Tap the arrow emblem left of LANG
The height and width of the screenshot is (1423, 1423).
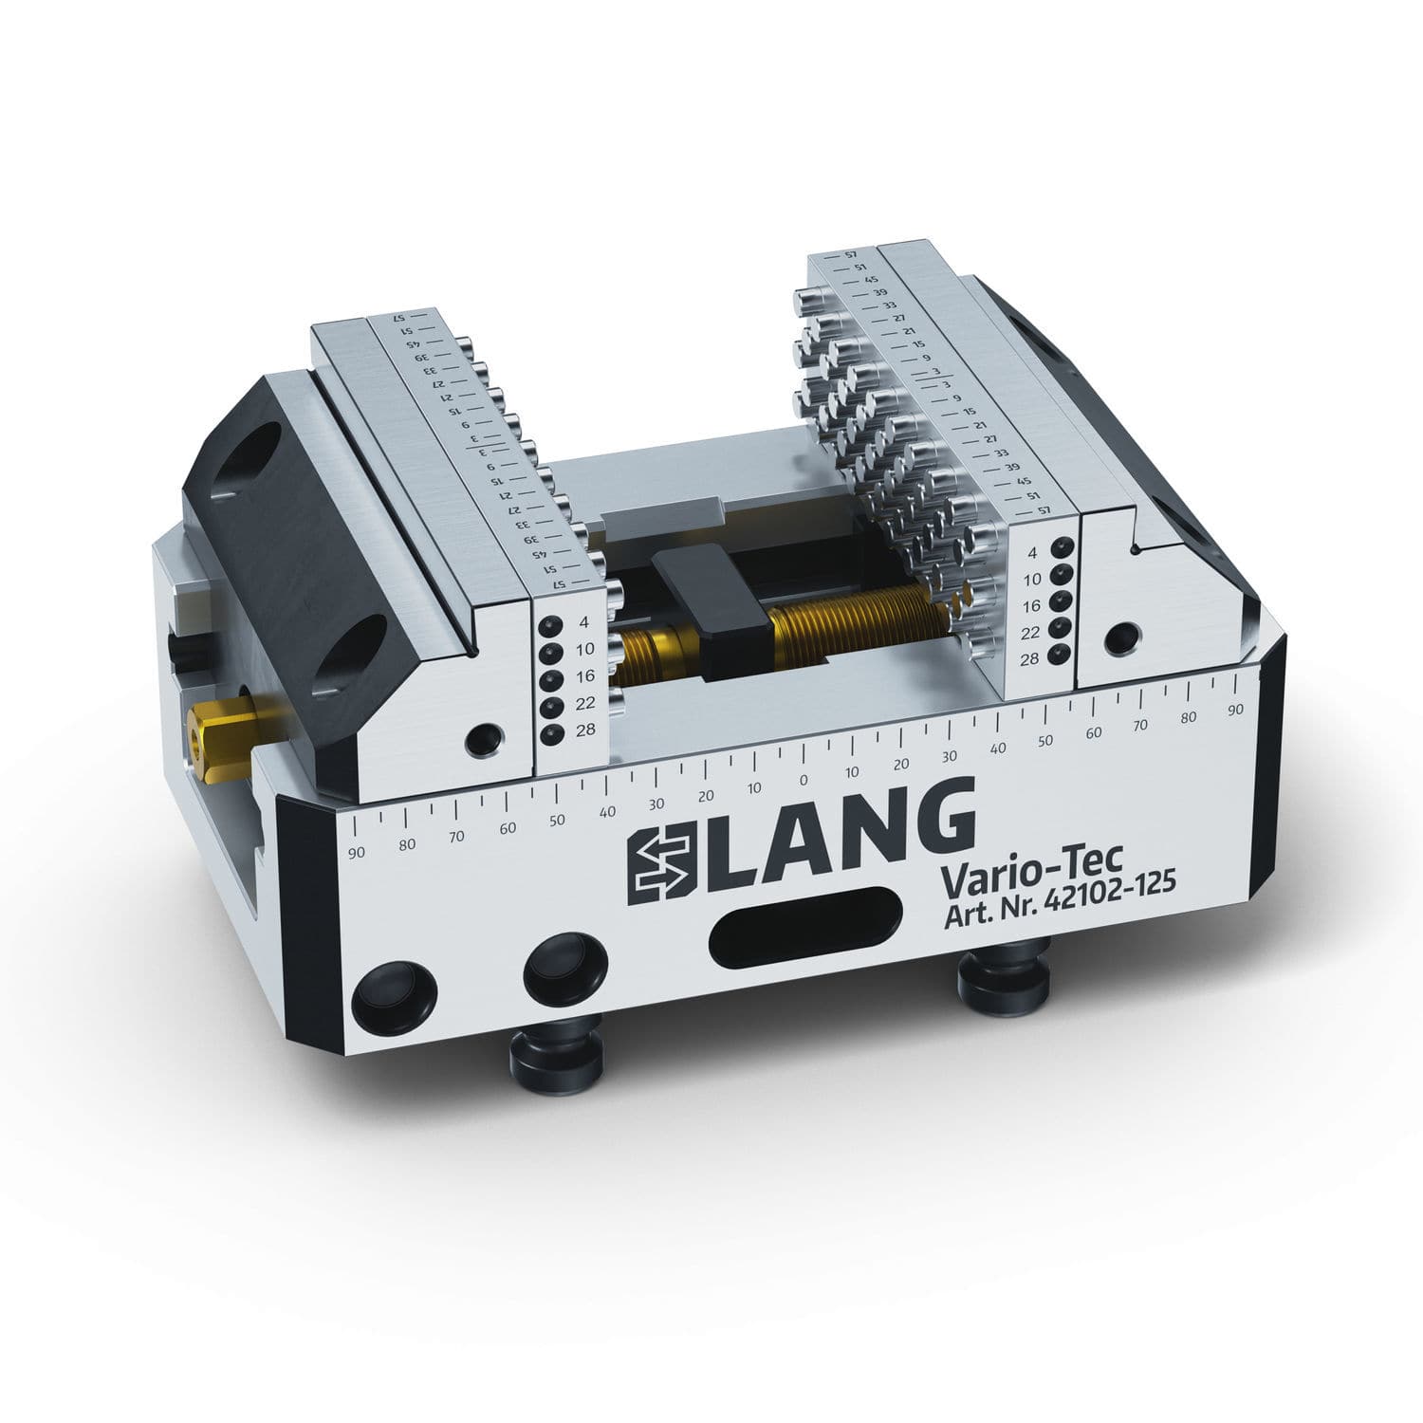[662, 860]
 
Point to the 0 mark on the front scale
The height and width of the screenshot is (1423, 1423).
[804, 780]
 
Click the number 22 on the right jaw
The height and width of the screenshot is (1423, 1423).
[1032, 632]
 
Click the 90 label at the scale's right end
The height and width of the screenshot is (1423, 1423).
[1235, 710]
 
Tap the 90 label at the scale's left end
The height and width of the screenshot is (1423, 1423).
[357, 852]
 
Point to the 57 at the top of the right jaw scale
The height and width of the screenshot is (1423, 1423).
[850, 256]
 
